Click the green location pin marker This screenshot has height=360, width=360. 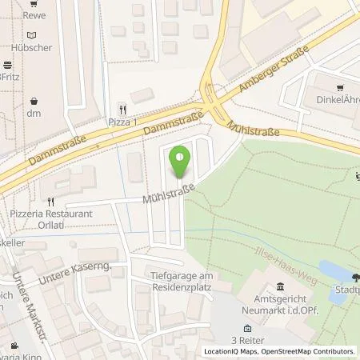point(182,159)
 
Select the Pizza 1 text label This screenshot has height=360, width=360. point(122,121)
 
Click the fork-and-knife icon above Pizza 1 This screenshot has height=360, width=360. point(122,108)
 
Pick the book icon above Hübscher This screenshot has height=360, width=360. point(31,34)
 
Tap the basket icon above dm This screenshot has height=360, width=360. point(34,102)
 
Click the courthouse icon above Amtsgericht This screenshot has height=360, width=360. point(280,287)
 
